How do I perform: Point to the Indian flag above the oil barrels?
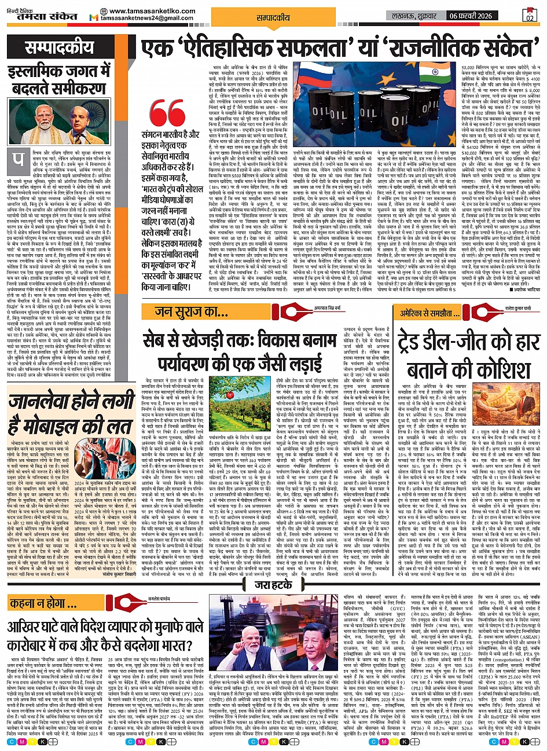[430, 73]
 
